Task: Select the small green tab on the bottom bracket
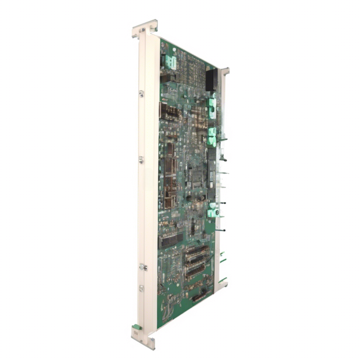[x=137, y=327]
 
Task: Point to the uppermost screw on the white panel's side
[x=141, y=94]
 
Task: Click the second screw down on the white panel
[x=141, y=160]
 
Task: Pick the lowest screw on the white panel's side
[x=141, y=288]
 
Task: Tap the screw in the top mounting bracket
[x=143, y=30]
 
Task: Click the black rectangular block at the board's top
[x=212, y=79]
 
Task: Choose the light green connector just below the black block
[x=212, y=108]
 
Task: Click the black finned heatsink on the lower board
[x=171, y=240]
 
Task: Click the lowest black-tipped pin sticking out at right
[x=221, y=230]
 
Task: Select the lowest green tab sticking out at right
[x=222, y=280]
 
